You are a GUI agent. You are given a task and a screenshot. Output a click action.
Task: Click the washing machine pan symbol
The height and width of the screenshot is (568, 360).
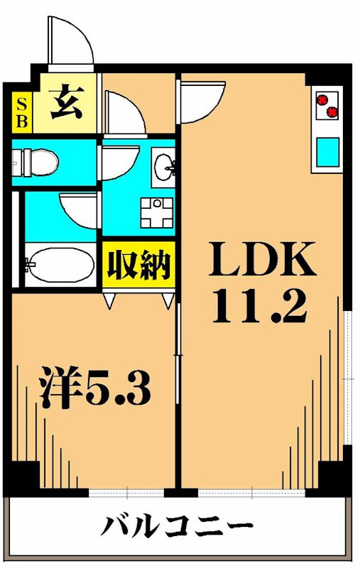[156, 210]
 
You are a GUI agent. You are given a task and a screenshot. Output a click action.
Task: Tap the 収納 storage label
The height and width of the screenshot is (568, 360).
[138, 265]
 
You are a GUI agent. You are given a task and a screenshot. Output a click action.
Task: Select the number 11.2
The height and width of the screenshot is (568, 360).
[260, 305]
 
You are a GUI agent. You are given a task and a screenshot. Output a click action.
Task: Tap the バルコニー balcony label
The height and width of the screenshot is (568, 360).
[178, 528]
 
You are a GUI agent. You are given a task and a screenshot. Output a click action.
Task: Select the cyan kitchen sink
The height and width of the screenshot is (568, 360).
[328, 152]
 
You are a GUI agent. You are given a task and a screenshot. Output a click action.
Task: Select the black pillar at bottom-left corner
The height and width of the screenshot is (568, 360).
[23, 478]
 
